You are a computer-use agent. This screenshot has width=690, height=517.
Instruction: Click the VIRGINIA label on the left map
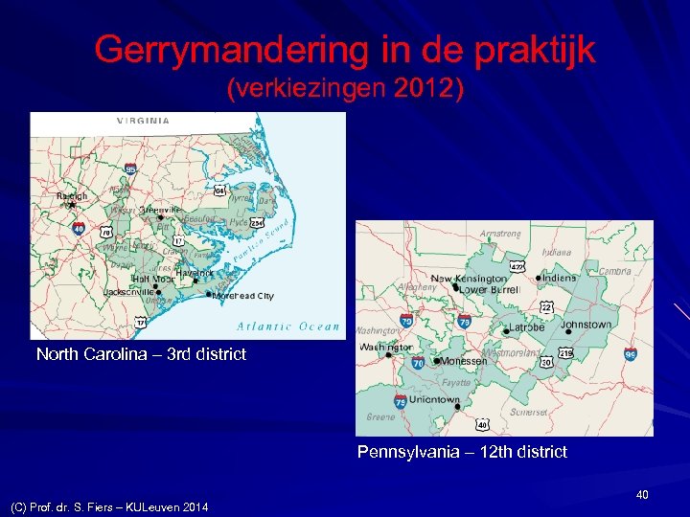pyautogui.click(x=144, y=121)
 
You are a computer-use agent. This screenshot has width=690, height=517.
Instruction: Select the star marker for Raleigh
pyautogui.click(x=72, y=204)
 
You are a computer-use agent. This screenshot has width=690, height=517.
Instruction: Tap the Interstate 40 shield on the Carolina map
pyautogui.click(x=79, y=228)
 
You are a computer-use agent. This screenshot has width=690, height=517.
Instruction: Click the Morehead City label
pyautogui.click(x=243, y=296)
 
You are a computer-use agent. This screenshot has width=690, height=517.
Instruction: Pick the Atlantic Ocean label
pyautogui.click(x=287, y=326)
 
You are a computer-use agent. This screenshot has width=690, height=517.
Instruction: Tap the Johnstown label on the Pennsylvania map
pyautogui.click(x=586, y=325)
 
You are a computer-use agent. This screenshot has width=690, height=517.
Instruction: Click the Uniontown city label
pyautogui.click(x=435, y=399)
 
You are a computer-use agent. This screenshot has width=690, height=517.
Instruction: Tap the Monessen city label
pyautogui.click(x=464, y=362)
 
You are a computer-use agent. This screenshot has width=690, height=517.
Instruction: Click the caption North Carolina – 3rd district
pyautogui.click(x=141, y=354)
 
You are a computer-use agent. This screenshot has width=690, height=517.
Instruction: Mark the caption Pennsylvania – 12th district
pyautogui.click(x=462, y=451)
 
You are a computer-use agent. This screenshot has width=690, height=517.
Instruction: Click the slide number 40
pyautogui.click(x=642, y=494)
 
